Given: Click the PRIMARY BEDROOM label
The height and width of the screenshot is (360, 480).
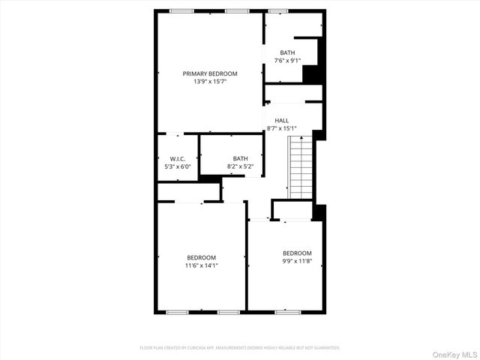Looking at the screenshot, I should (x=210, y=73).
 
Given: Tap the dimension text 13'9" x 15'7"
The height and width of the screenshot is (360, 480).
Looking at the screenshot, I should (x=210, y=81).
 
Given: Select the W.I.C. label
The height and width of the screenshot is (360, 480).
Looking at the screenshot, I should (x=178, y=158).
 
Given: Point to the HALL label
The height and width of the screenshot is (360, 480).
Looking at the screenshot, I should (x=281, y=121).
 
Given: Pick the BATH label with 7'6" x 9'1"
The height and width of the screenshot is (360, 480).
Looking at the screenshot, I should (x=288, y=52).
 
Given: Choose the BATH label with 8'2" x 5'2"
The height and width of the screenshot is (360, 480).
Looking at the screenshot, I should (x=240, y=158).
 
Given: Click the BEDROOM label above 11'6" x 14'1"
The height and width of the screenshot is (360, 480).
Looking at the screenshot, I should (x=201, y=258).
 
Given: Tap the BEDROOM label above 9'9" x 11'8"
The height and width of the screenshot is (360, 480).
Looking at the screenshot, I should (x=297, y=253).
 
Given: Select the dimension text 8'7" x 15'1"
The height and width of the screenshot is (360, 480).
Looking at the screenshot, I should (x=281, y=128).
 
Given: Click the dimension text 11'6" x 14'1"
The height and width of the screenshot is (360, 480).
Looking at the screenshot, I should (x=201, y=265).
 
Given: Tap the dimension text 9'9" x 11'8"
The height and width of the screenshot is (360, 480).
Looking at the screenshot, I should (x=297, y=261).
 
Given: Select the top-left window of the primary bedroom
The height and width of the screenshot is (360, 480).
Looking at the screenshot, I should (x=181, y=10).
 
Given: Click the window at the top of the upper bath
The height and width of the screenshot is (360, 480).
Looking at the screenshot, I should (x=278, y=10).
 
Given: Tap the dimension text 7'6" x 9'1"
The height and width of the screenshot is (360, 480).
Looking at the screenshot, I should (x=288, y=60).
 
